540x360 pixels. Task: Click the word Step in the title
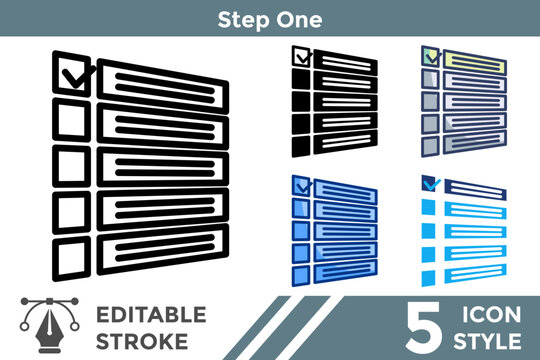[x=243, y=20]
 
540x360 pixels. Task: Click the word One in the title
[x=299, y=19]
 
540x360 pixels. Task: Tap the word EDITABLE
[x=151, y=315]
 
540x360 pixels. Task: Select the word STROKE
[x=142, y=341]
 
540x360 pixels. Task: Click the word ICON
[x=491, y=315]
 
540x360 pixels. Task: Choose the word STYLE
[x=487, y=341]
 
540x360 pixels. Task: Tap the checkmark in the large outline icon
[x=78, y=76]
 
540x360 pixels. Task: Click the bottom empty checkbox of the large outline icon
[x=71, y=258]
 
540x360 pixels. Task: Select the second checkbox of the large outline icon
[x=71, y=120]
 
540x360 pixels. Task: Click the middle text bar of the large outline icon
[x=163, y=167]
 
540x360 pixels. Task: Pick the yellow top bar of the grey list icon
[x=475, y=62]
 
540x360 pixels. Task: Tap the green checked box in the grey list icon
[x=430, y=56]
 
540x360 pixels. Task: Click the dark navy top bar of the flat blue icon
[x=475, y=189]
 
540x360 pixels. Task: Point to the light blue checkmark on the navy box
[x=432, y=185]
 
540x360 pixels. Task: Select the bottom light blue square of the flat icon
[x=428, y=278]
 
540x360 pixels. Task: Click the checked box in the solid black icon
[x=301, y=56]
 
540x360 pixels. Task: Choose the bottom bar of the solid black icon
[x=345, y=142]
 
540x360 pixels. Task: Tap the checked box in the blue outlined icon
[x=301, y=186]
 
